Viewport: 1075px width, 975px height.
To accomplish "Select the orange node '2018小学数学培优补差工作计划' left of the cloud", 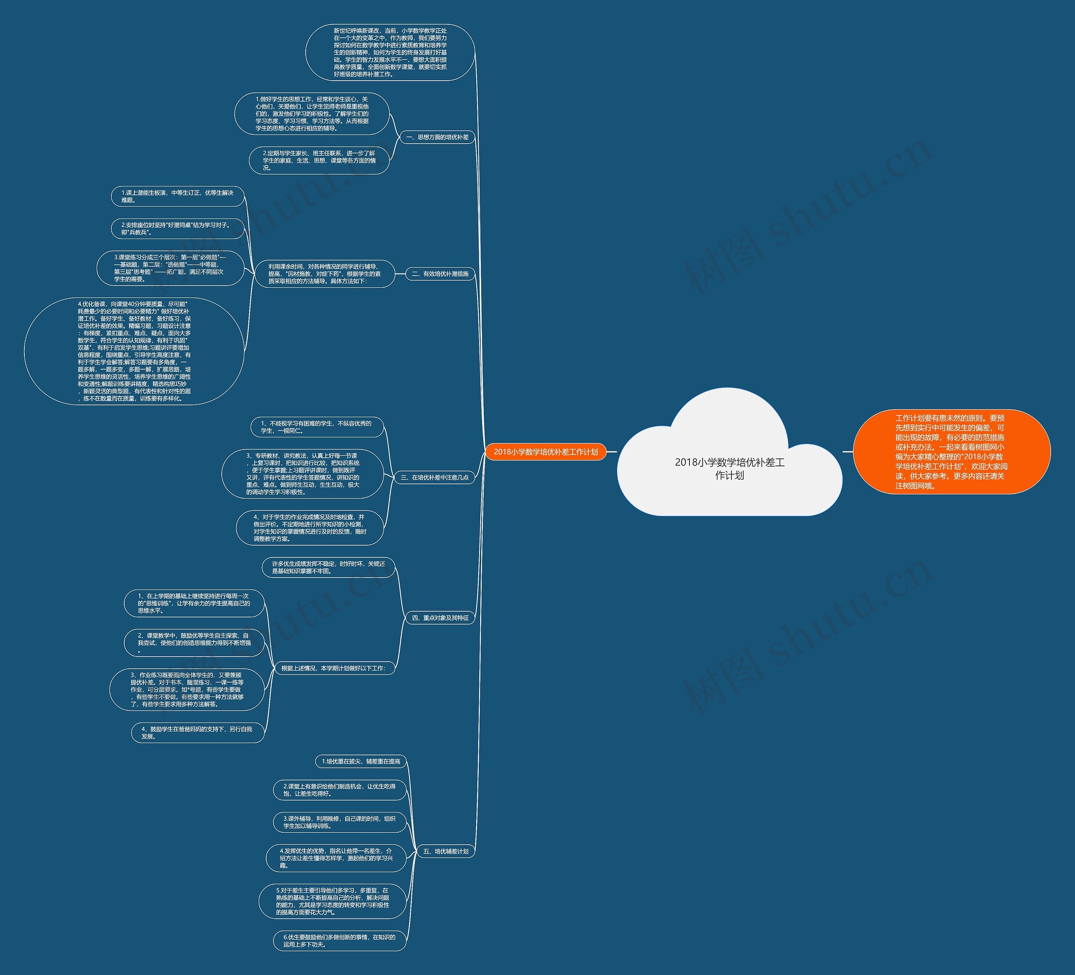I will pos(545,452).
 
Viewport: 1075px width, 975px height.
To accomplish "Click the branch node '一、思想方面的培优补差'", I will pos(437,137).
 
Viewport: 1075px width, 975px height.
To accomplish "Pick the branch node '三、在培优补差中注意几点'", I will pos(434,477).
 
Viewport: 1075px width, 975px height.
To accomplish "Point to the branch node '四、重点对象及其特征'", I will pos(440,618).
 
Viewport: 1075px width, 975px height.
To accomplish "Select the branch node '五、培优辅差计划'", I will pos(445,851).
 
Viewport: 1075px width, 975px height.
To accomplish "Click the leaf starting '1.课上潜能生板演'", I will pos(178,196).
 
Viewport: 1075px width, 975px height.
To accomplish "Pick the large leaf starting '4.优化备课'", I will pos(134,351).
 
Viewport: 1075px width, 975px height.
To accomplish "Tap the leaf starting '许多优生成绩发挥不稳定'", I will pos(328,568).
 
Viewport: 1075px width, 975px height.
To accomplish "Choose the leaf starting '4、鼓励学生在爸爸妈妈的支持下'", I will pos(197,732).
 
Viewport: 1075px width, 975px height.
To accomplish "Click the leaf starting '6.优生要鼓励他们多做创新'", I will pos(340,940).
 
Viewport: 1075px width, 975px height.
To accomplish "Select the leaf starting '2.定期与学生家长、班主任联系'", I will pos(319,160).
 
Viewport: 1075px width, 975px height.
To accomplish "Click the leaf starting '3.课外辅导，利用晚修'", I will pos(340,822).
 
